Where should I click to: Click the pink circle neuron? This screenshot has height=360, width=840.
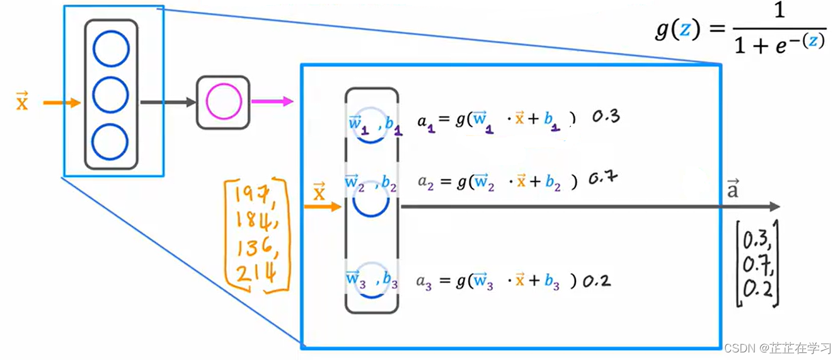223,103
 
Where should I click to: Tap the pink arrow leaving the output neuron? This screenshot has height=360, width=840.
272,101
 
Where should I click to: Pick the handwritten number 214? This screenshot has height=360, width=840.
255,274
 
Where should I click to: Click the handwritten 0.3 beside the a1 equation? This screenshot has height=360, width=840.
606,117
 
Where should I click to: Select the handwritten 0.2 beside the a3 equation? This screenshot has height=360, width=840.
595,281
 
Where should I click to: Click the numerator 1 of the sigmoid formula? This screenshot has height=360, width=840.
780,11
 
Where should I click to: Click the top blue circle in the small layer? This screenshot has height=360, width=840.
111,49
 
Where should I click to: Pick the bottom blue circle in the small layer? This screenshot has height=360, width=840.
111,141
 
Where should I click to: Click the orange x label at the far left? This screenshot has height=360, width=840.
22,102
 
